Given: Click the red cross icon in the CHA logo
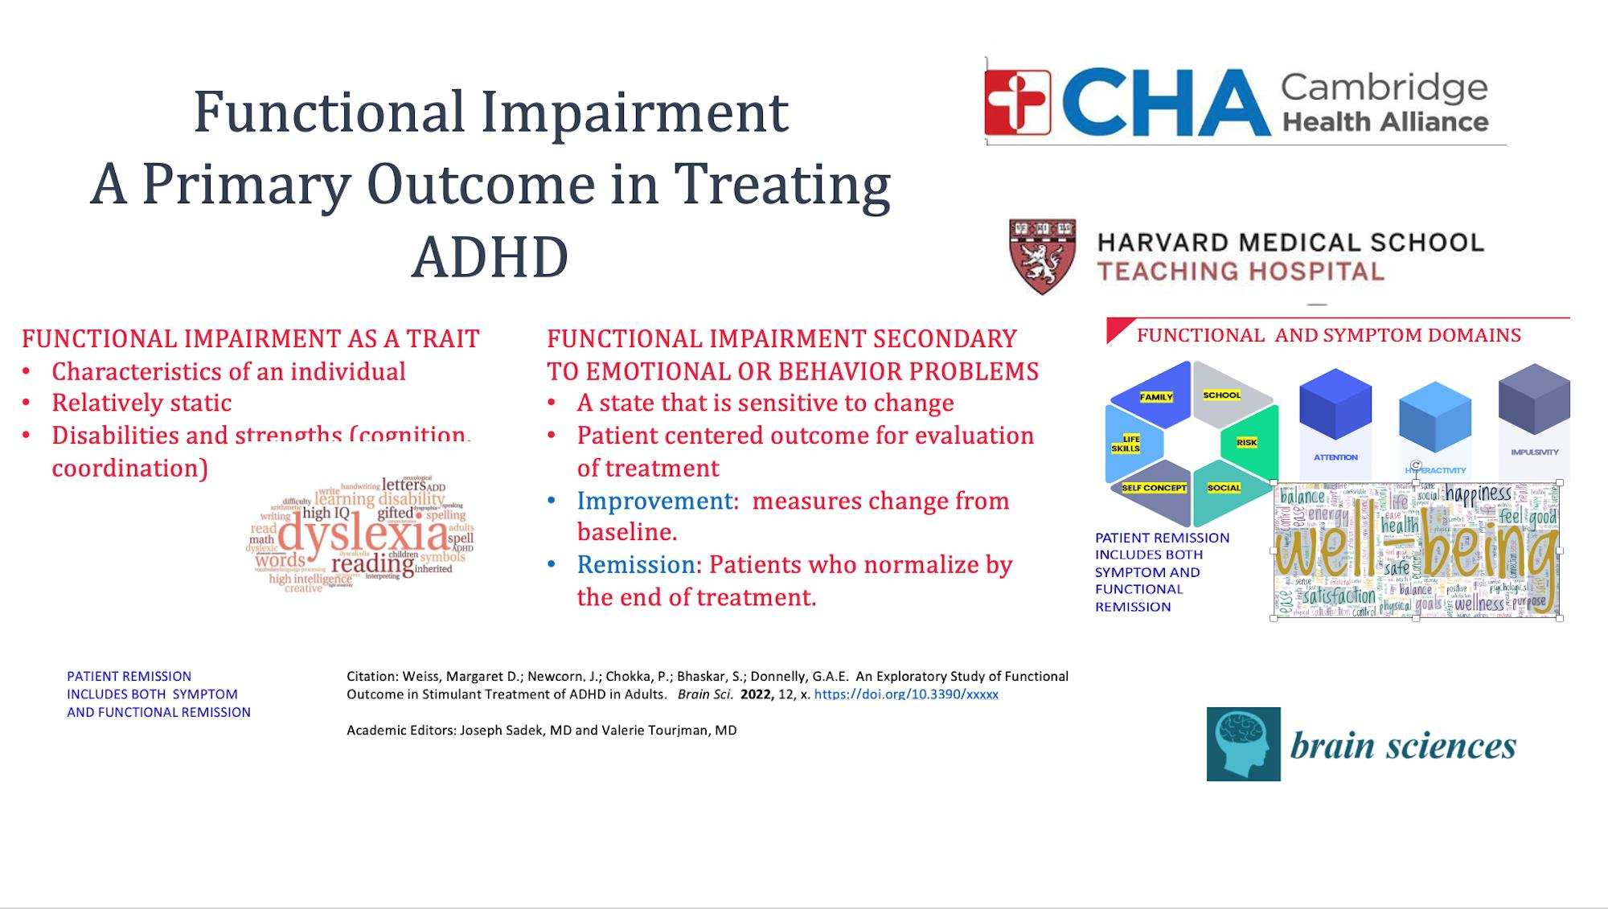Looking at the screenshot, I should point(1018,102).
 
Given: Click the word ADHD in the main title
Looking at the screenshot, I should point(490,258).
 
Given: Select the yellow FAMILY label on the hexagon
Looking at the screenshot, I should point(1156,397).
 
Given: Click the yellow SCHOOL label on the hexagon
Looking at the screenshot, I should point(1221,395).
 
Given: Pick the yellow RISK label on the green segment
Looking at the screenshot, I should point(1246,443).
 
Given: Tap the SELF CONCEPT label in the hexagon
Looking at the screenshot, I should point(1154,488).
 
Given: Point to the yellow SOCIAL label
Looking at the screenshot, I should point(1224,488).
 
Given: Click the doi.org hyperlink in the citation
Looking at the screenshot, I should point(906,694).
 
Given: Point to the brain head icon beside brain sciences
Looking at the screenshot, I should point(1243,744).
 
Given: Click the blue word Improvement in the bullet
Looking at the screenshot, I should point(655,501).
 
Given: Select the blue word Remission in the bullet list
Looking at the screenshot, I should point(638,565).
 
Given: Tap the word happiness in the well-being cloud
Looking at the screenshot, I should point(1479,493).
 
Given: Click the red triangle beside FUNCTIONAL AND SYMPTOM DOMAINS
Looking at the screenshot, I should point(1117,328).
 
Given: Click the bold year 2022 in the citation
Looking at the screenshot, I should point(757,694).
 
